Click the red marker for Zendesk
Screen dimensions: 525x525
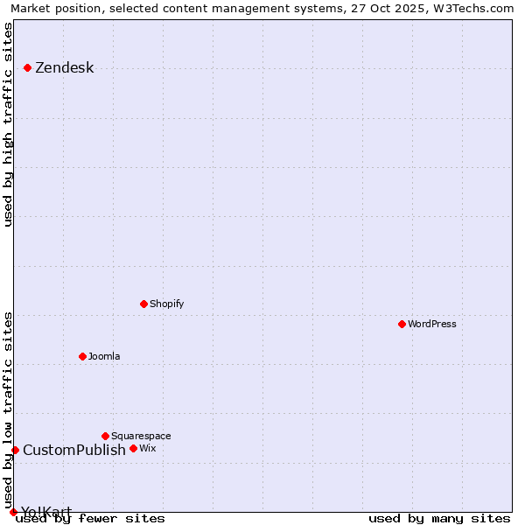click(x=28, y=67)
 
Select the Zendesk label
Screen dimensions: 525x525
click(x=64, y=68)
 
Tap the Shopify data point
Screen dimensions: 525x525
click(x=143, y=304)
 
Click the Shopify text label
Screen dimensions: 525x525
click(x=166, y=304)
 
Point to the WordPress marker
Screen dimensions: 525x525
click(x=402, y=324)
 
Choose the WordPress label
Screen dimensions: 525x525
click(x=432, y=324)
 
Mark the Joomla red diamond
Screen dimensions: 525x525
click(x=82, y=356)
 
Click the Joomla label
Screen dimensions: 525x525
click(x=104, y=356)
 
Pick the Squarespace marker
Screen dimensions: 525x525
click(x=105, y=436)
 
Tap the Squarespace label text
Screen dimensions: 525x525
click(x=141, y=436)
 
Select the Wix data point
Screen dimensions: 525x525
click(x=133, y=448)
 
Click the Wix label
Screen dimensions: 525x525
click(x=147, y=448)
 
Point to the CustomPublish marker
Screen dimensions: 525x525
click(x=15, y=450)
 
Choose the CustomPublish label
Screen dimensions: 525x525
click(x=74, y=451)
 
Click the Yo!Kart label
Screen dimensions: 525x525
click(x=46, y=512)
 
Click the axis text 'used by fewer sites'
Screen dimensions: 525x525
click(x=90, y=518)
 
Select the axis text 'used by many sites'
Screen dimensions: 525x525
click(x=439, y=518)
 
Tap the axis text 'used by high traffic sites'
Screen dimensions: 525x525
click(x=9, y=124)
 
